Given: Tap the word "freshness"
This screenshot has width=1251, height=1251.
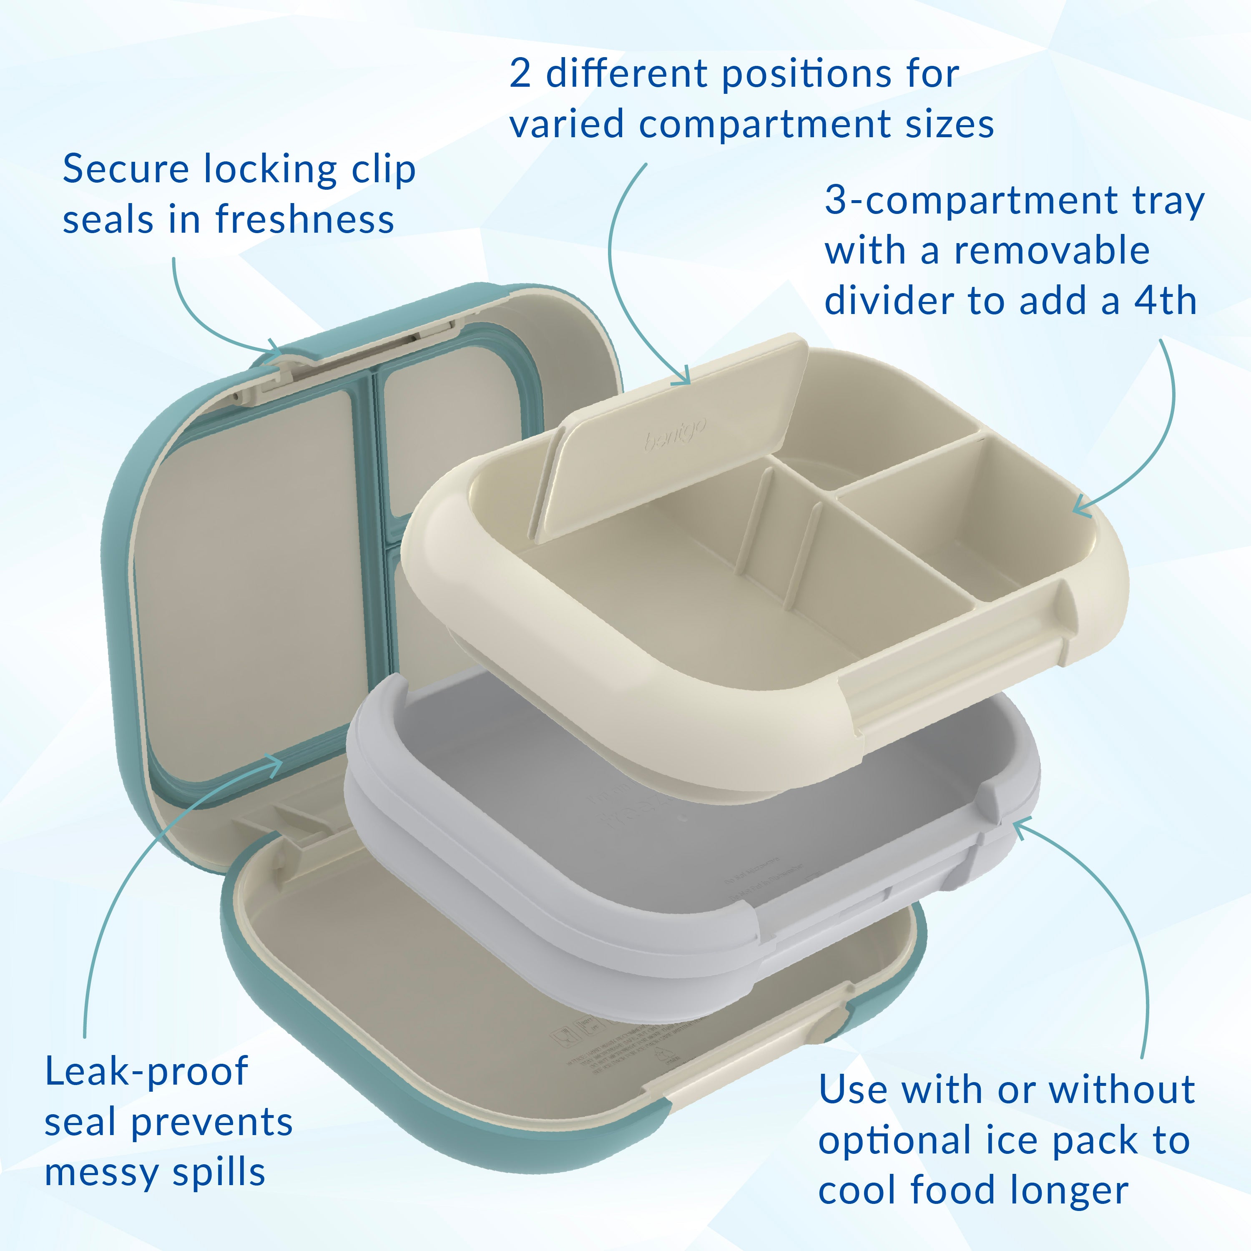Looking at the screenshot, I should (304, 219).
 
